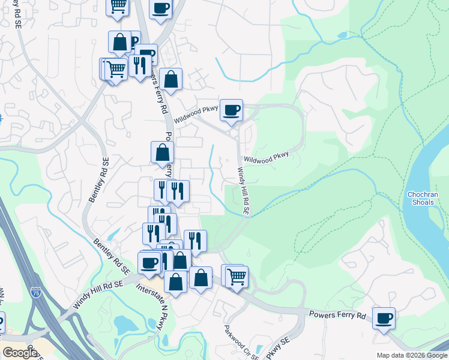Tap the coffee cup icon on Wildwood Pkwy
point(231,110)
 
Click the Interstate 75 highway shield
point(36,293)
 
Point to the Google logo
point(20,353)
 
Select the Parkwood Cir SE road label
point(241,342)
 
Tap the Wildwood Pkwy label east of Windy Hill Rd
point(266,157)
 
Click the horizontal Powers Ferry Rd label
point(337,315)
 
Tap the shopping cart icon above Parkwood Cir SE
point(237,276)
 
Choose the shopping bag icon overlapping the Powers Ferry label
point(162,152)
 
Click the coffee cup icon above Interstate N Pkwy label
point(149,262)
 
